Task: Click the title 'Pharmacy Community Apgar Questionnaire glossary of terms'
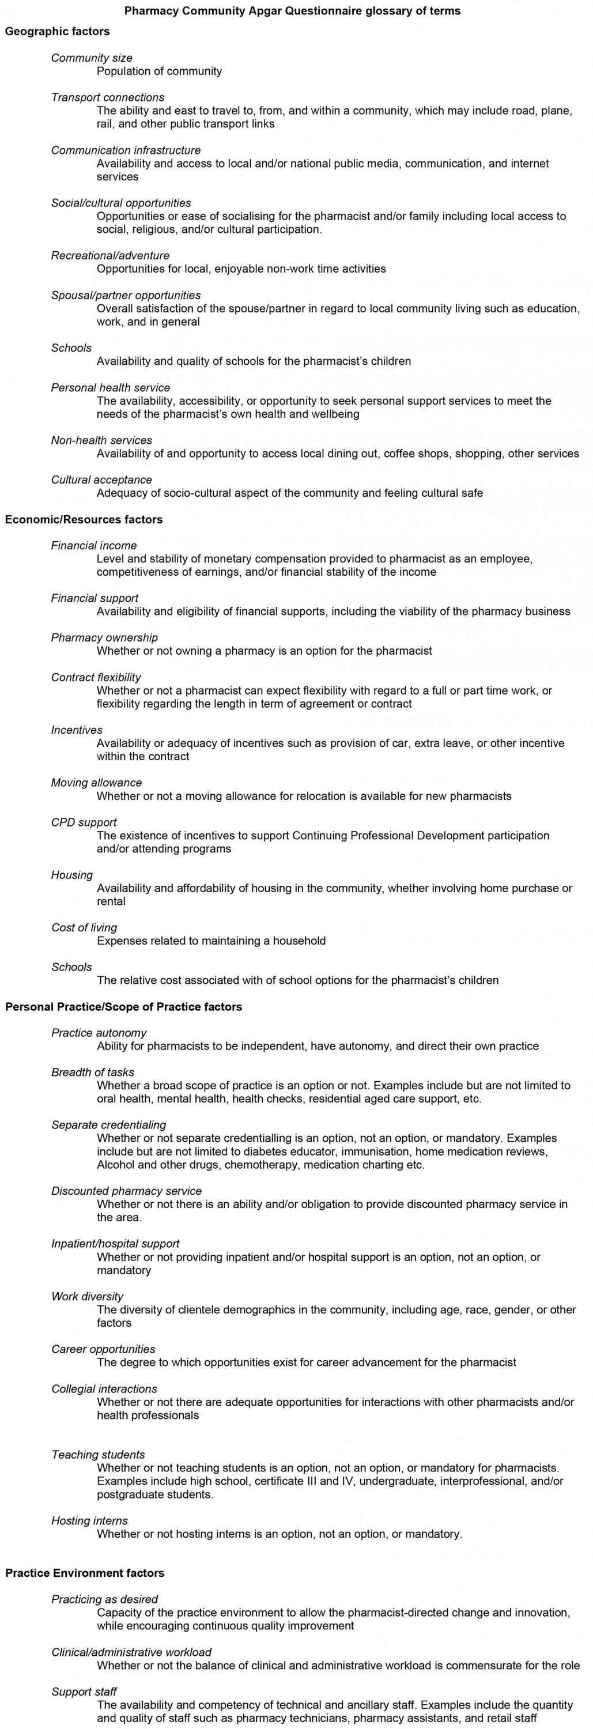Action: click(x=293, y=11)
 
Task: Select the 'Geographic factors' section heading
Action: click(x=57, y=31)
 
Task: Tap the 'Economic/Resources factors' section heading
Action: click(x=84, y=519)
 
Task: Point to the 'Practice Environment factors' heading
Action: click(x=85, y=1573)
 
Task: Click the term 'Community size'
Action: click(x=92, y=58)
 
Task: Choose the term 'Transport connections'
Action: click(x=108, y=97)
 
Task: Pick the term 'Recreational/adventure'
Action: click(x=111, y=256)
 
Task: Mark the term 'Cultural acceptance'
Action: click(x=102, y=480)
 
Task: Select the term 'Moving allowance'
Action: click(x=97, y=783)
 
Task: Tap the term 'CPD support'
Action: click(x=84, y=822)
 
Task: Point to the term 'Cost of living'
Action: click(x=85, y=927)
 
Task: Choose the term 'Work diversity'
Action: click(x=88, y=1297)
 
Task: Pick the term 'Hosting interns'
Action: click(x=90, y=1521)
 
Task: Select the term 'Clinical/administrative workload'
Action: click(x=131, y=1652)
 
